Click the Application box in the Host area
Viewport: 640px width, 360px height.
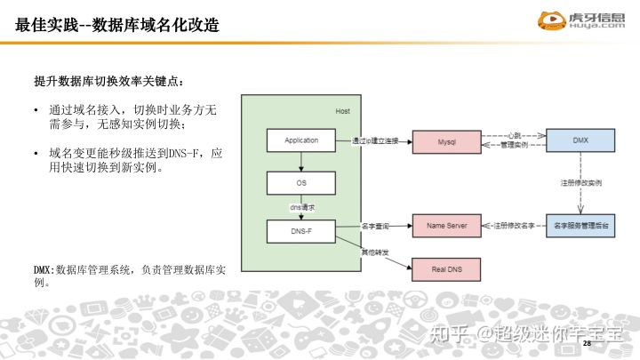pyautogui.click(x=301, y=140)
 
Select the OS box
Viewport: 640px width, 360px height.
pyautogui.click(x=301, y=183)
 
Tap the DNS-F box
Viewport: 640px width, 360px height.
pyautogui.click(x=301, y=231)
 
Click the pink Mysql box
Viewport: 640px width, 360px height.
pyautogui.click(x=446, y=141)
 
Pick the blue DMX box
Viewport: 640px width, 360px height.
pyautogui.click(x=580, y=140)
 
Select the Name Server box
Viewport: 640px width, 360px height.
pyautogui.click(x=446, y=226)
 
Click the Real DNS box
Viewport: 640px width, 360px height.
pyautogui.click(x=446, y=269)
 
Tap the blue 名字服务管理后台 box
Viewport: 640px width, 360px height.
pyautogui.click(x=580, y=226)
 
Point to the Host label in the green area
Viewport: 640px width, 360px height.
pyautogui.click(x=343, y=110)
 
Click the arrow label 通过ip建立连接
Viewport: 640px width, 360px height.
pyautogui.click(x=375, y=140)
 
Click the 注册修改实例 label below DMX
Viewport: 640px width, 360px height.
pyautogui.click(x=580, y=182)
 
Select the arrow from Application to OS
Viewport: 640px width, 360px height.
pyautogui.click(x=301, y=161)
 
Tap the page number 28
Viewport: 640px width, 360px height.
pyautogui.click(x=587, y=342)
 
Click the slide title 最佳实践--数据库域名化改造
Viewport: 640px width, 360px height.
pyautogui.click(x=117, y=25)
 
